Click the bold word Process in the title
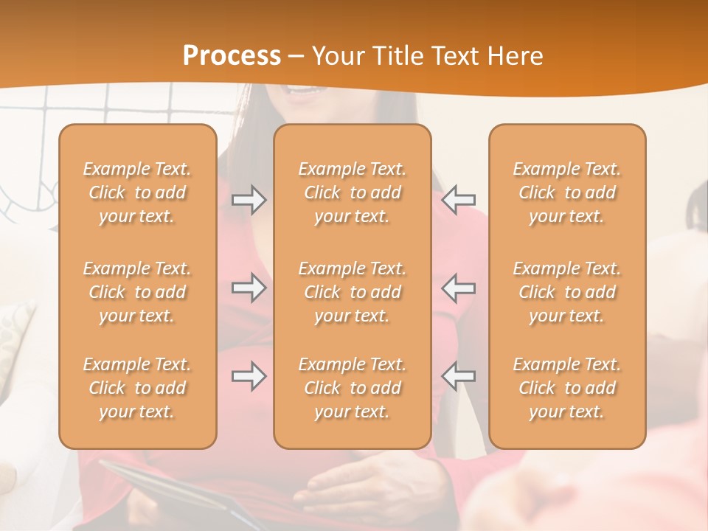click(x=232, y=55)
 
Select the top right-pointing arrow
click(x=249, y=199)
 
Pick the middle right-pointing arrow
click(x=249, y=288)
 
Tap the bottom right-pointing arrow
click(x=249, y=376)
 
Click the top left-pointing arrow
click(x=459, y=199)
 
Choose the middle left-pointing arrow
click(x=459, y=288)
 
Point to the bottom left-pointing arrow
click(x=459, y=376)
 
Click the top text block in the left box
click(x=137, y=192)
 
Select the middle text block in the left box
click(x=137, y=292)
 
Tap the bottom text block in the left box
click(x=137, y=388)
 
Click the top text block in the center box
click(x=352, y=192)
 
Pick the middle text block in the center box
click(x=352, y=292)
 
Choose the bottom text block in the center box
click(x=352, y=388)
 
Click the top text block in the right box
click(x=566, y=192)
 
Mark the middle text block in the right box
click(x=566, y=292)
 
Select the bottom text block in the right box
click(x=566, y=388)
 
